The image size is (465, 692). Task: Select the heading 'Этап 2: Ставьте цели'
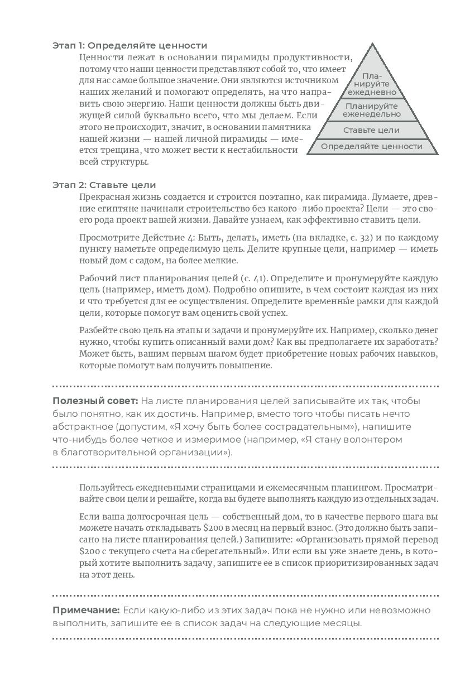[104, 185]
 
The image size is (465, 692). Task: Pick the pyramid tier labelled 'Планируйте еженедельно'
[372, 110]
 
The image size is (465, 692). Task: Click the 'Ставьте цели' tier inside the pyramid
[372, 130]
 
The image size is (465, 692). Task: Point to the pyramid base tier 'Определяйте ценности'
[372, 147]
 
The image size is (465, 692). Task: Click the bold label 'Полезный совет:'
[95, 401]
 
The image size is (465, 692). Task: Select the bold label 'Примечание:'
[86, 610]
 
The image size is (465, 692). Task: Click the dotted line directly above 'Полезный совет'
[246, 386]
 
